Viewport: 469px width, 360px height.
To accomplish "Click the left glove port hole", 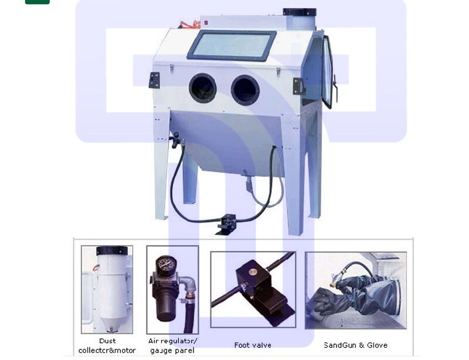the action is [202, 88].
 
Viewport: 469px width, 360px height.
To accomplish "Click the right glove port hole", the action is [245, 90].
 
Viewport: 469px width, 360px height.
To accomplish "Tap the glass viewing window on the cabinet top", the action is [231, 45].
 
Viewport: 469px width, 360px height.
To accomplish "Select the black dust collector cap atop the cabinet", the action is [300, 12].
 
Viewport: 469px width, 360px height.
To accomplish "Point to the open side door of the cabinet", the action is [328, 72].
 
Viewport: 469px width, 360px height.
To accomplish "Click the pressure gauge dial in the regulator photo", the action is [166, 264].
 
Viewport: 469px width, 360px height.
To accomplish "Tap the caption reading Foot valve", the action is [253, 345].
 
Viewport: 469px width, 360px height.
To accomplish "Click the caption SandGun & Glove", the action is [356, 345].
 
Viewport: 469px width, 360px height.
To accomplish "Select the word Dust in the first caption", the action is [107, 341].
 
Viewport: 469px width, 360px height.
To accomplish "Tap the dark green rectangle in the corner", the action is [38, 2].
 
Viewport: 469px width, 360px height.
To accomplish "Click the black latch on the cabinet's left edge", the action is [154, 80].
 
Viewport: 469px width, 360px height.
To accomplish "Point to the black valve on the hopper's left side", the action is [175, 140].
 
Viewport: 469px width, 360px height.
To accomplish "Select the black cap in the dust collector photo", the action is [112, 250].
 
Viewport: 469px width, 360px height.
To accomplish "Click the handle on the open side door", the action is [335, 87].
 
